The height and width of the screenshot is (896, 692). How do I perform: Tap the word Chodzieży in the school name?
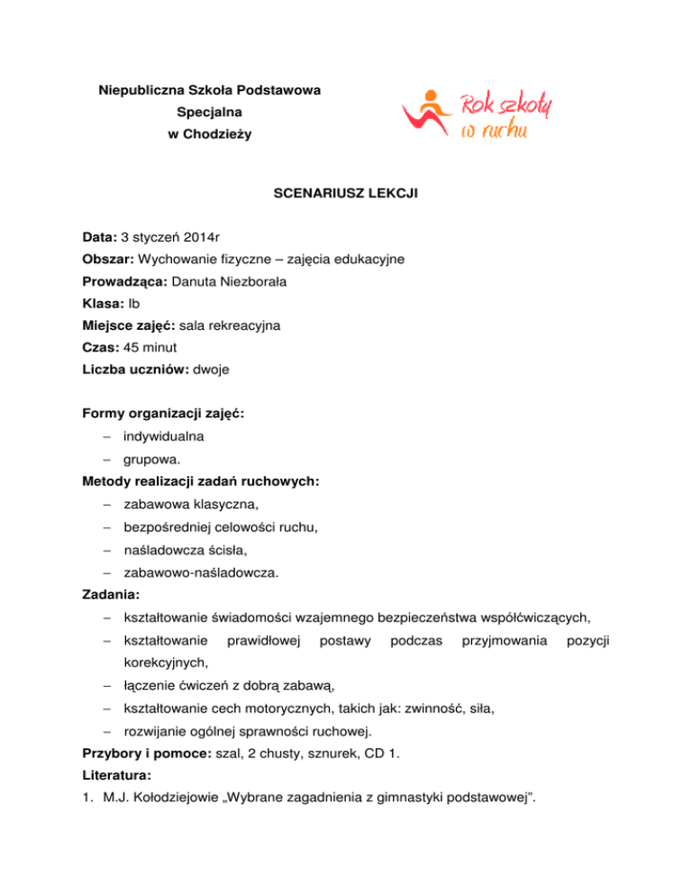coord(220,134)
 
